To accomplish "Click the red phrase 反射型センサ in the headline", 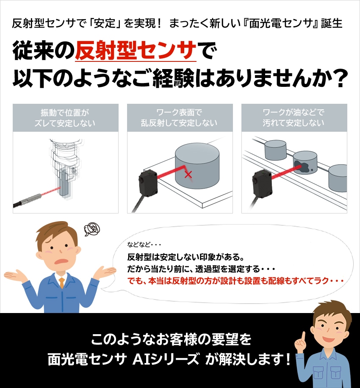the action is click(x=136, y=50).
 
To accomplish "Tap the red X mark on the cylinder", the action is click(x=188, y=175).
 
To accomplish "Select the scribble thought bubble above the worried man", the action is click(x=92, y=229).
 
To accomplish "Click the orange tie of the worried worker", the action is click(x=61, y=283).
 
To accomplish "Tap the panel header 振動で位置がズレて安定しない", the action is click(x=65, y=118).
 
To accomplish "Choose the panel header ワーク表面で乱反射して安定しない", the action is click(x=180, y=118).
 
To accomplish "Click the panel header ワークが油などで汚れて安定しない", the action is click(x=294, y=118).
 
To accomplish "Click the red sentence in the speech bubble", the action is click(x=235, y=281).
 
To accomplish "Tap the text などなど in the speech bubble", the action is click(x=138, y=245).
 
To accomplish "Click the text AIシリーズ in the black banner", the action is click(x=166, y=359).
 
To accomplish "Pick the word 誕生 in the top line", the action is click(x=332, y=23).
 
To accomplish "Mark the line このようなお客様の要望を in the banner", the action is click(x=171, y=339).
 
